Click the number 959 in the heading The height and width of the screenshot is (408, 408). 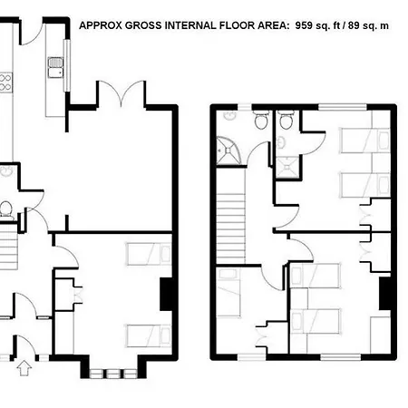click(x=304, y=25)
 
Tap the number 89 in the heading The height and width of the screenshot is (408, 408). click(x=354, y=25)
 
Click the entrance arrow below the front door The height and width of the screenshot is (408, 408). click(x=24, y=368)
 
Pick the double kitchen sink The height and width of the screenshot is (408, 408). click(x=55, y=67)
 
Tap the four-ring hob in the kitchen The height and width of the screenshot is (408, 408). click(x=5, y=83)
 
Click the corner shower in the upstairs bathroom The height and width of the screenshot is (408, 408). click(x=228, y=151)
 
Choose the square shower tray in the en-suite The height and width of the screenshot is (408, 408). click(x=287, y=167)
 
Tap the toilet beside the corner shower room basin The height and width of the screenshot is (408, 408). click(x=261, y=120)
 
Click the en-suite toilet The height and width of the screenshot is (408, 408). click(x=286, y=120)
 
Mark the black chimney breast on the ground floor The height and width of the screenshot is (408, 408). click(x=166, y=294)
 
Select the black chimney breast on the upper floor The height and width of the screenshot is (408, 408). click(x=385, y=293)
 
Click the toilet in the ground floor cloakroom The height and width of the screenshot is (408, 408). click(x=6, y=210)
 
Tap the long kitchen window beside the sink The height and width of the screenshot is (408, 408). click(x=66, y=65)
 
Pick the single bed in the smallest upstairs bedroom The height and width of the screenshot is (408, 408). click(x=228, y=293)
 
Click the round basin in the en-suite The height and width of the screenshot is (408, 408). click(x=281, y=142)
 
